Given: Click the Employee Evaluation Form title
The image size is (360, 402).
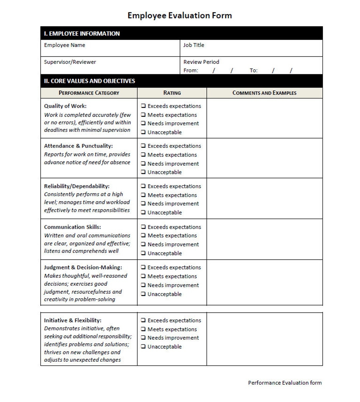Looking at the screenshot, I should (x=180, y=15).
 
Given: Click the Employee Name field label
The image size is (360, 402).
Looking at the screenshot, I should (x=65, y=45).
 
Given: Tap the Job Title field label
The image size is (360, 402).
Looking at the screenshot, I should (x=194, y=45).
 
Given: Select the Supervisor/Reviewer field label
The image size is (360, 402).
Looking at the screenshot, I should (x=70, y=62).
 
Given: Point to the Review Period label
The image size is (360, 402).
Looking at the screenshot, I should (x=201, y=62).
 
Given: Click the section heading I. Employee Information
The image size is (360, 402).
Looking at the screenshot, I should (x=82, y=34).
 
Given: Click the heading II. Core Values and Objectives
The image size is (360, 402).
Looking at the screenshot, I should (x=90, y=81).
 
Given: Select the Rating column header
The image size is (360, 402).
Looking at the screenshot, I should (x=172, y=93).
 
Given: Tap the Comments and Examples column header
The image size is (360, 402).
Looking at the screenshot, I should (x=264, y=93).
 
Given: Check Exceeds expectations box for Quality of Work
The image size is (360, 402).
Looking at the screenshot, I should (x=143, y=106).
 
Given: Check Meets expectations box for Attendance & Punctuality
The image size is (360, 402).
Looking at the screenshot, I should (x=143, y=155).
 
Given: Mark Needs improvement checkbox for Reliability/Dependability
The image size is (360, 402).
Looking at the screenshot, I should (x=143, y=203).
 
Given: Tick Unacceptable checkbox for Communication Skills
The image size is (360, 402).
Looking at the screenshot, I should (x=143, y=253).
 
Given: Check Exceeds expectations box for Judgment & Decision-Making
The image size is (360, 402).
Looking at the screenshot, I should (x=143, y=267).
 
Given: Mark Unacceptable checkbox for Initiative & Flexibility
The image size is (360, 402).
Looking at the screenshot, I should (x=143, y=346).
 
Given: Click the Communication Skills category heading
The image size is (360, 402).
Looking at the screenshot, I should (x=72, y=227).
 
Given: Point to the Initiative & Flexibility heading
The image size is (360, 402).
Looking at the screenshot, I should (x=73, y=320).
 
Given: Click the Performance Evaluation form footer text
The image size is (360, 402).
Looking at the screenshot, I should (x=285, y=383).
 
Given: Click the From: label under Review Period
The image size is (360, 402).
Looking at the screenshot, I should (x=191, y=71).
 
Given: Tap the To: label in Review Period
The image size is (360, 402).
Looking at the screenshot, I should (x=254, y=71).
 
